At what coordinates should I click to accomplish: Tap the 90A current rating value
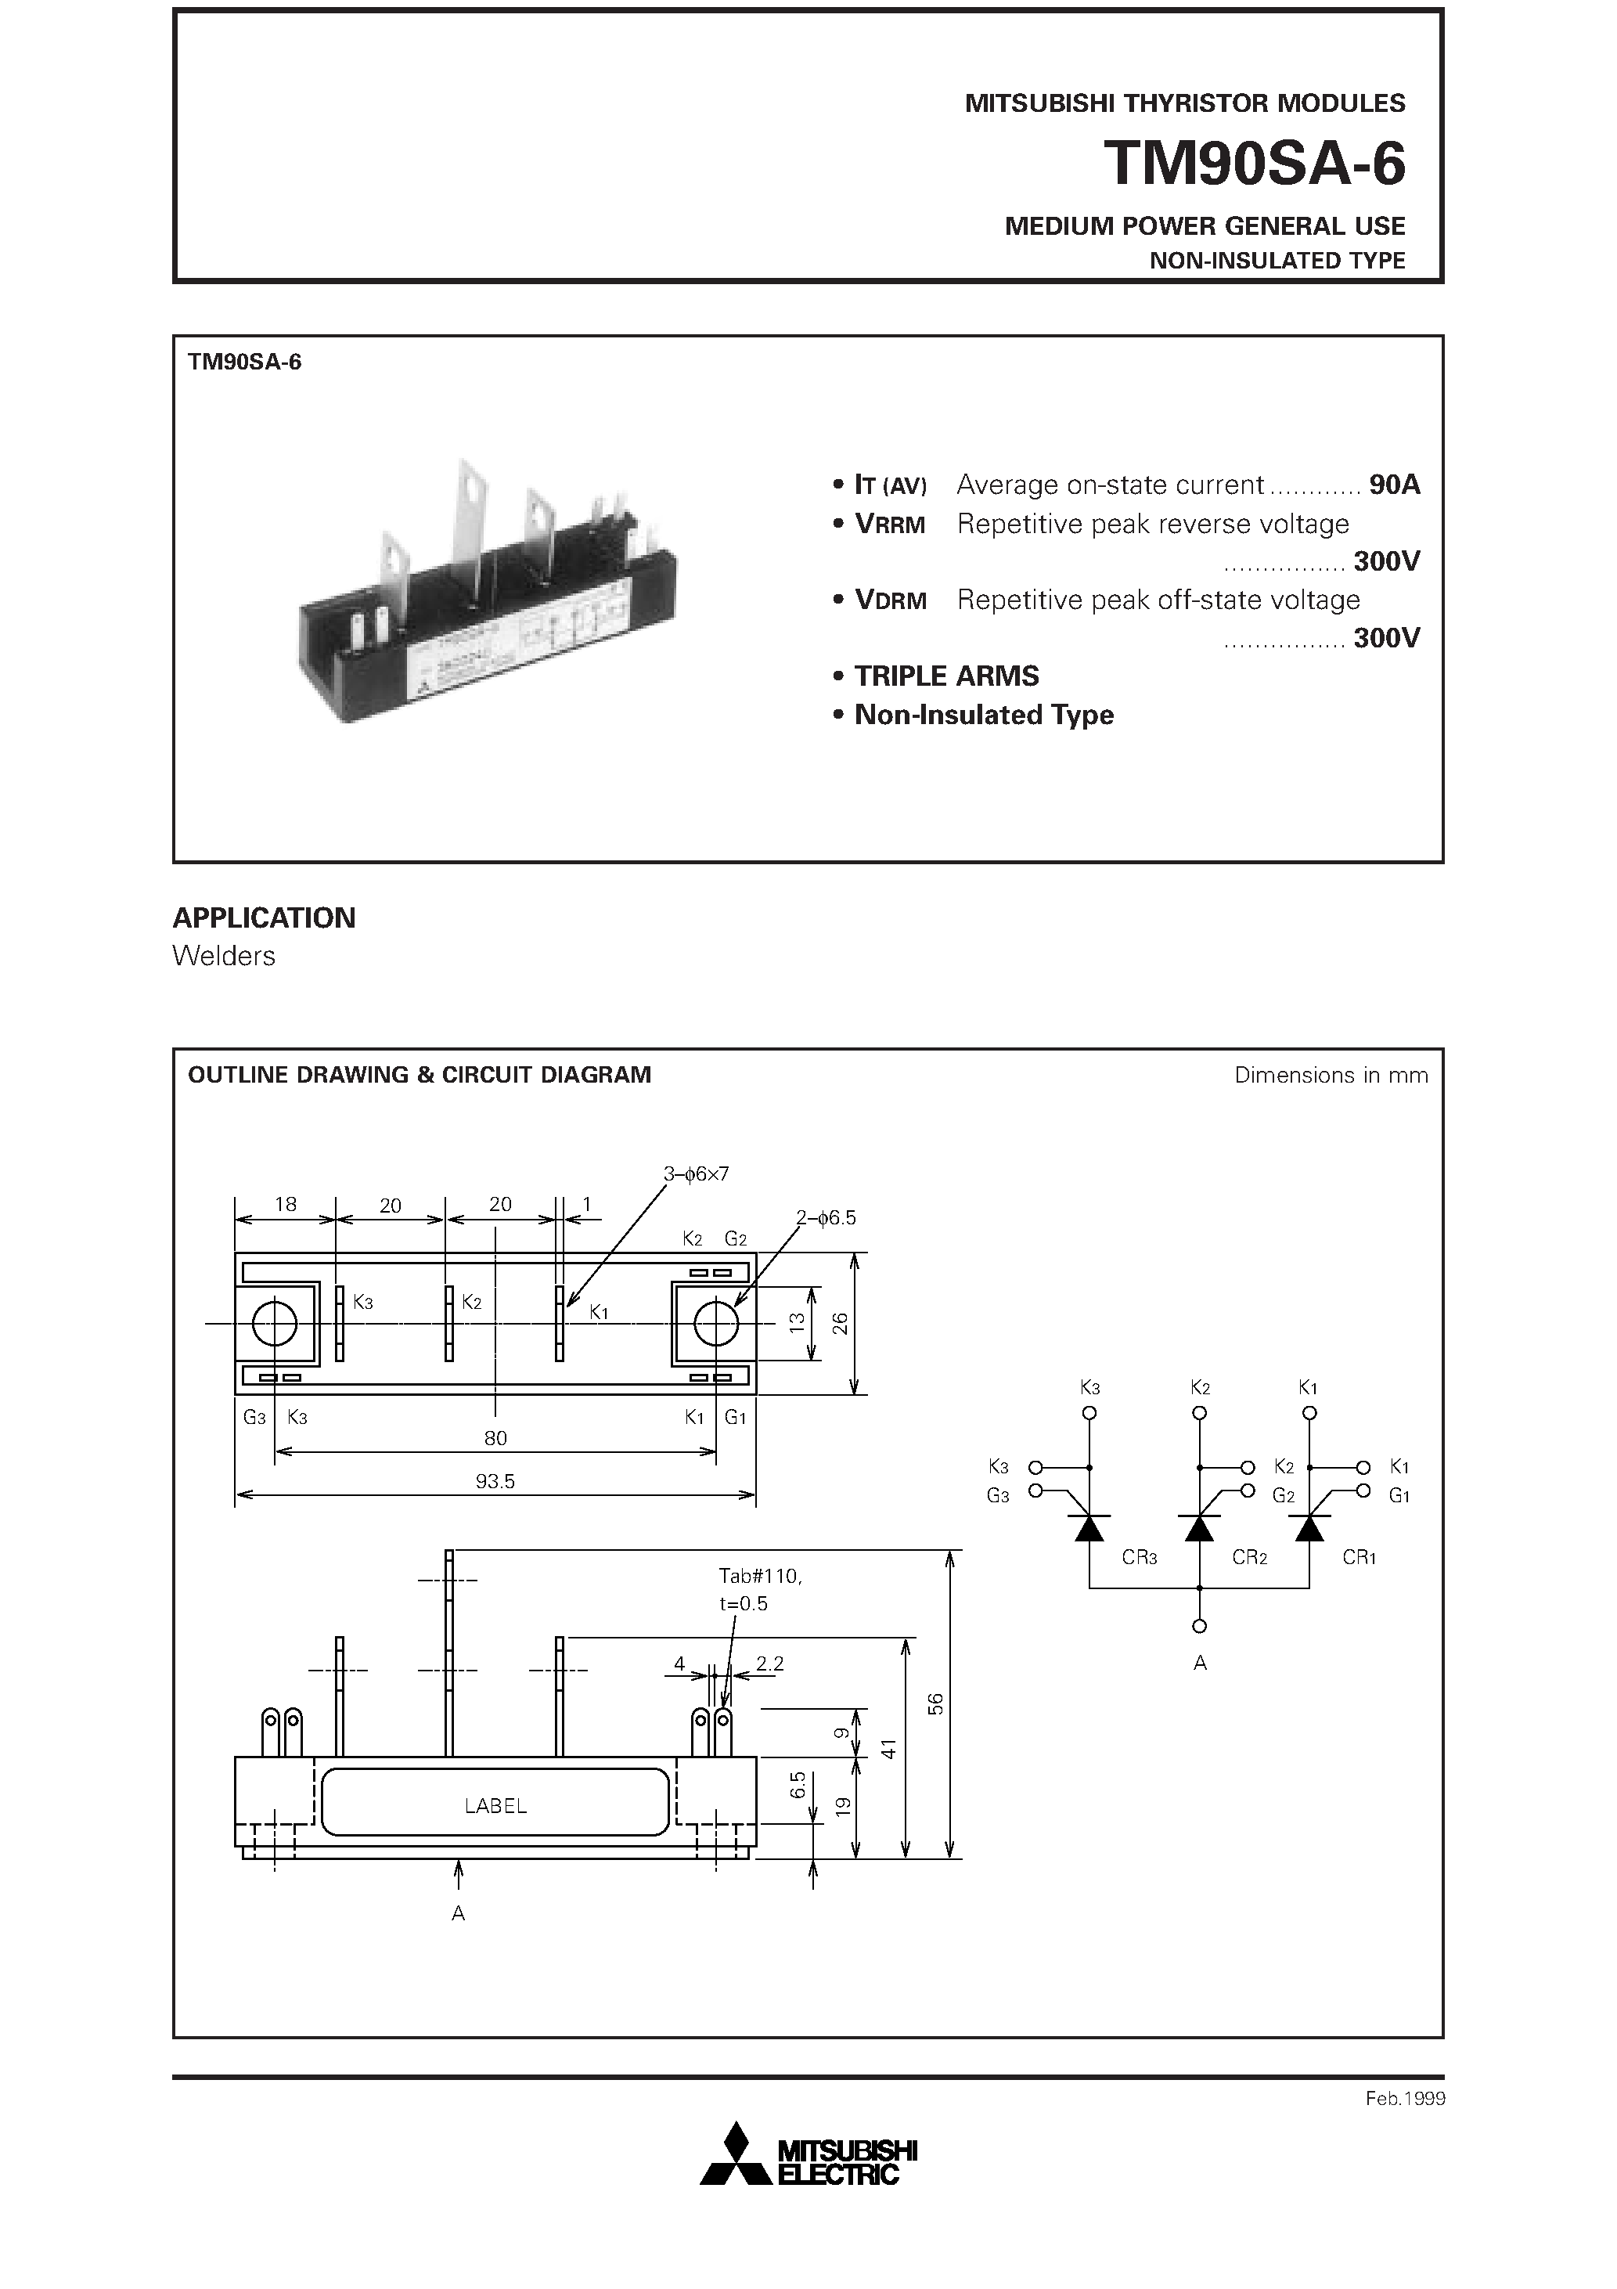coord(1394,485)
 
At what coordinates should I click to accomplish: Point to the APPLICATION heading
coord(265,917)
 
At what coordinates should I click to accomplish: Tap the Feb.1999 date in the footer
coord(1405,2099)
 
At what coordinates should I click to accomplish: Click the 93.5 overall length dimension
coord(495,1481)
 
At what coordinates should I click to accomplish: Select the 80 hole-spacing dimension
coord(495,1437)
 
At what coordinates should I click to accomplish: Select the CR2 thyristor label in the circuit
coord(1249,1557)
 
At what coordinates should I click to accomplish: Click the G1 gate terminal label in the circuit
coord(1399,1495)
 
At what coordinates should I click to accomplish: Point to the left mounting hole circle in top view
coord(276,1324)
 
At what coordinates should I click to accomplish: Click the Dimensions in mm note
coord(1330,1075)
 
